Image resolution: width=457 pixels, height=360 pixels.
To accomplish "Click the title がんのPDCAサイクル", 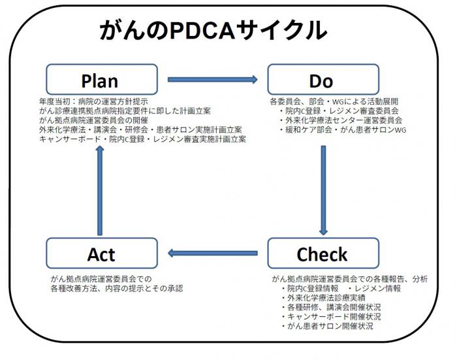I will coord(212,30).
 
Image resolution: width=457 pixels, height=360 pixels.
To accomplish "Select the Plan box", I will coord(101,80).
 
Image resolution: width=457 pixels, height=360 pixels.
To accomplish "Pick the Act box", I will coord(101,253).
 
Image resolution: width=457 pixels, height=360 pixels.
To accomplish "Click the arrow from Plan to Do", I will coord(212,80).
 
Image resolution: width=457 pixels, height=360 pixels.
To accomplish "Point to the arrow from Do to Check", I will coord(323,189).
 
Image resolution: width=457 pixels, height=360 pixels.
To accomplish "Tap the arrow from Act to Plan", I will coord(99,189).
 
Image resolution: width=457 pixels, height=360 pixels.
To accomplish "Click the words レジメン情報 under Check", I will coord(378,288).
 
